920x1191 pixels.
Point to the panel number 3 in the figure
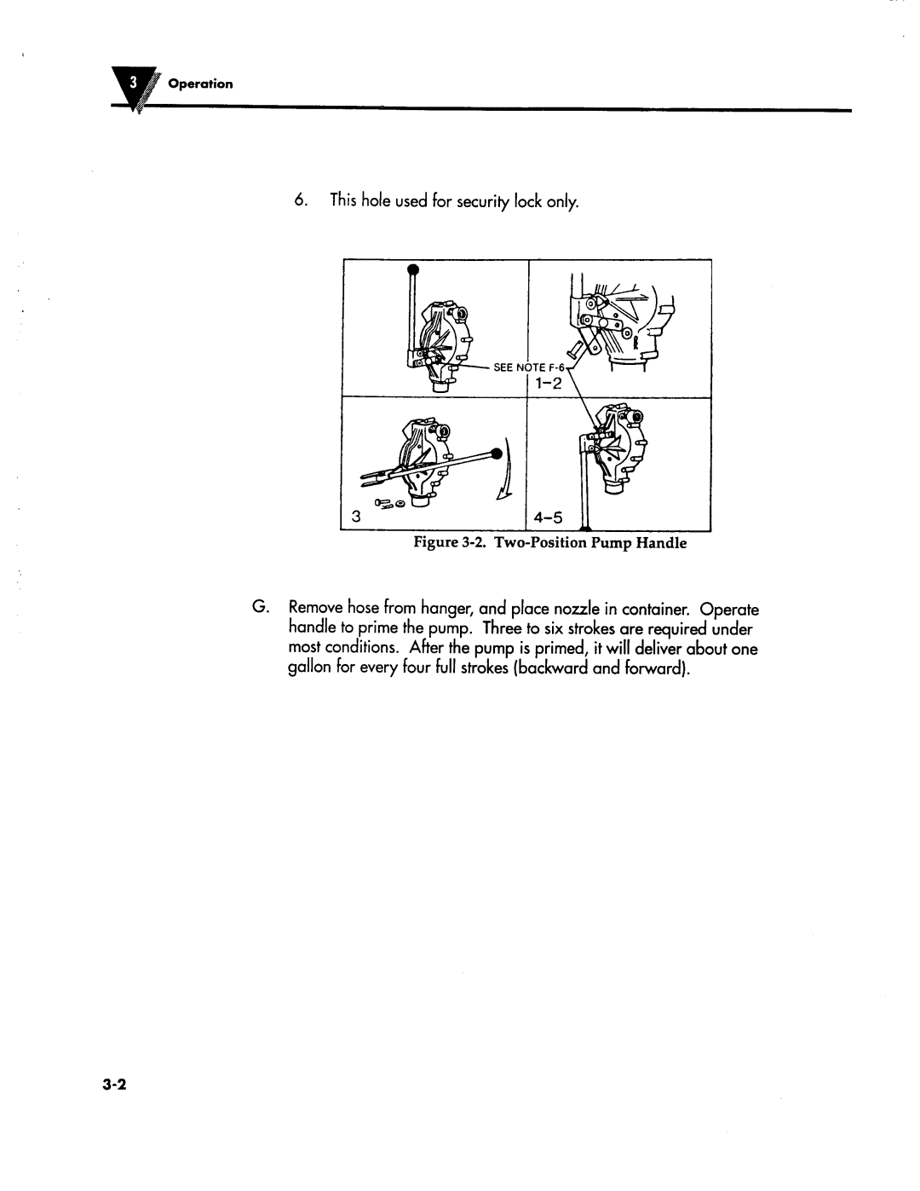coord(356,517)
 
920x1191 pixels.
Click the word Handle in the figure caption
coord(664,543)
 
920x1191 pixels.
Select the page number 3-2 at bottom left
coord(114,1084)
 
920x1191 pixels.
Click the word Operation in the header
coord(200,84)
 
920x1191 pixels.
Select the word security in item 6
coord(485,202)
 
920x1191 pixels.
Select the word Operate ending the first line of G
coord(728,610)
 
